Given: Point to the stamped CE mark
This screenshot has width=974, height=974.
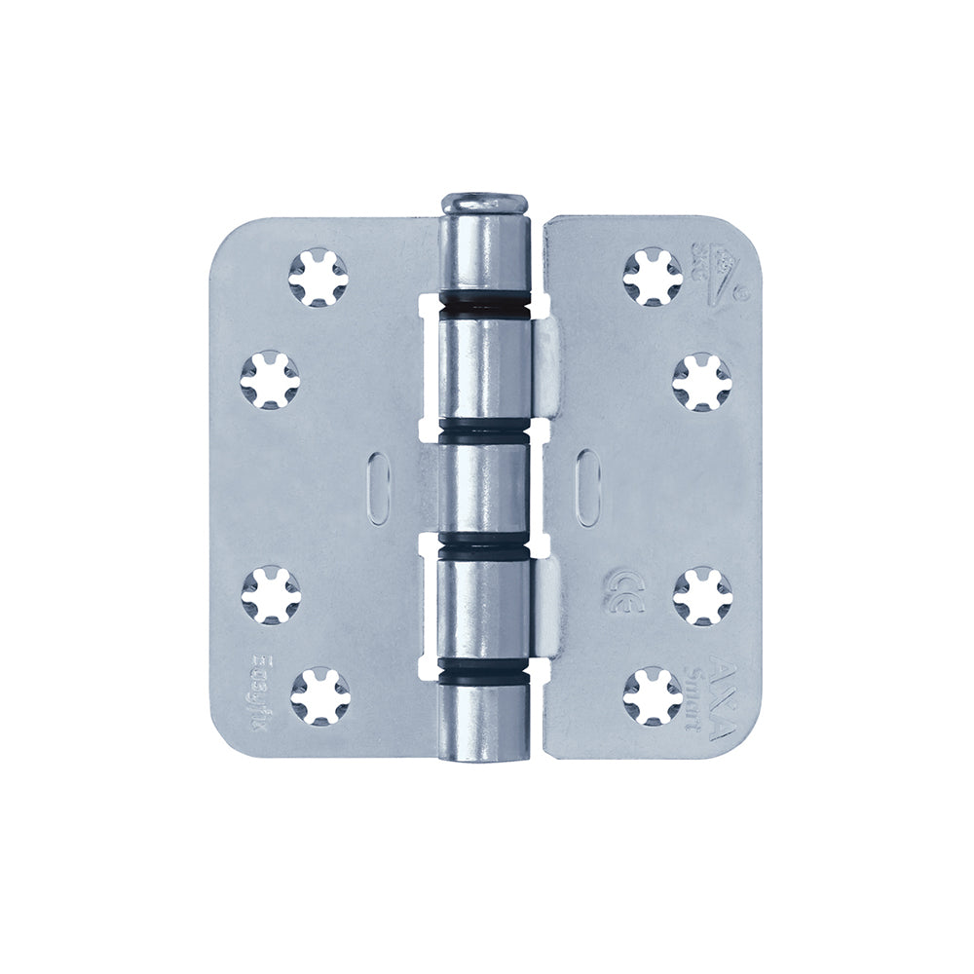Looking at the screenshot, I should pyautogui.click(x=620, y=588).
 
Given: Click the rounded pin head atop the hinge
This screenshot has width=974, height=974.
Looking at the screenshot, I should pyautogui.click(x=484, y=204).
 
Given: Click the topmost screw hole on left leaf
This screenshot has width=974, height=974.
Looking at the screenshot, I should pyautogui.click(x=318, y=277).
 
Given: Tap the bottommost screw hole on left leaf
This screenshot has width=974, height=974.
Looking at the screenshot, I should pyautogui.click(x=319, y=695).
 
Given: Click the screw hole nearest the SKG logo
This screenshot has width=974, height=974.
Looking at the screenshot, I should pyautogui.click(x=653, y=277).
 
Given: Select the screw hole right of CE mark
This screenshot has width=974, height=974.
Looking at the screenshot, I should pyautogui.click(x=701, y=595).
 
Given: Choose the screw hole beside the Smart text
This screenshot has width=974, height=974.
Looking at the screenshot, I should pyautogui.click(x=653, y=695).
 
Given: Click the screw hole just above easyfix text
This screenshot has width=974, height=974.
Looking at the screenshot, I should pyautogui.click(x=271, y=595).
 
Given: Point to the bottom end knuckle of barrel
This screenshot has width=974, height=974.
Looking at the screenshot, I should pyautogui.click(x=484, y=721).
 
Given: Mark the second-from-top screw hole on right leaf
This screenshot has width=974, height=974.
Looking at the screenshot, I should pyautogui.click(x=701, y=381).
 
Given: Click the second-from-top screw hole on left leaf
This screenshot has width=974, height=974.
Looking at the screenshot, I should pyautogui.click(x=271, y=379).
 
